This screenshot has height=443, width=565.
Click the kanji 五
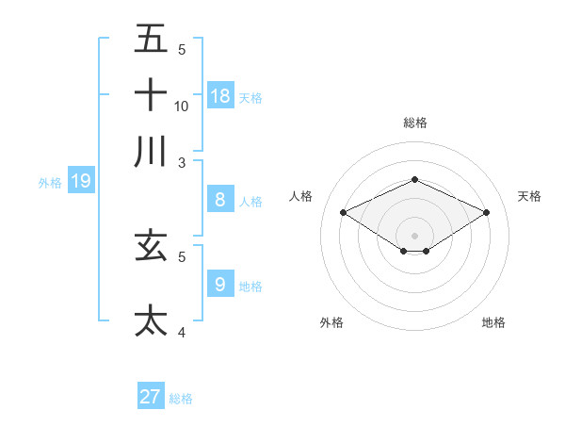click(151, 40)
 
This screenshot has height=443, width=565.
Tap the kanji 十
click(151, 95)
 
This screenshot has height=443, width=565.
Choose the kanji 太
click(151, 320)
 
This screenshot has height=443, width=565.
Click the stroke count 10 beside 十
click(182, 106)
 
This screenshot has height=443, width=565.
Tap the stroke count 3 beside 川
click(182, 162)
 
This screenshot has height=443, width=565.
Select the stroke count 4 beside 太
click(182, 331)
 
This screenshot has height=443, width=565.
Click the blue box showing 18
click(220, 95)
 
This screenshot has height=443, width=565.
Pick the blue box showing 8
click(220, 200)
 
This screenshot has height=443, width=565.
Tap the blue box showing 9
click(220, 284)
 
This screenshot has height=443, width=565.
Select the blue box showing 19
click(81, 181)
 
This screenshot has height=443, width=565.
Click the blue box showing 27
click(151, 397)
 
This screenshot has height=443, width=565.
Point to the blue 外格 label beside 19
click(50, 183)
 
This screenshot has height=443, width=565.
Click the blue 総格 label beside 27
click(181, 399)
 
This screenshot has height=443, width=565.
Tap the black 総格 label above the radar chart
click(414, 123)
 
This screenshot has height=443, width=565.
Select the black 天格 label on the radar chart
click(529, 196)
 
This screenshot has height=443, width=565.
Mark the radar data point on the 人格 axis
click(344, 213)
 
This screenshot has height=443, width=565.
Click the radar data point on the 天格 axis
click(486, 213)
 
